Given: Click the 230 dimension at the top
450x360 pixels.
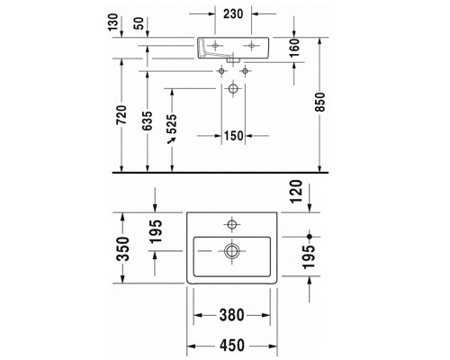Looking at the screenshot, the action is click(x=233, y=13).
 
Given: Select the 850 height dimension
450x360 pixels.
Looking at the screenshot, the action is click(x=320, y=103).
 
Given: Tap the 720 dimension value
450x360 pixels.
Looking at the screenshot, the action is click(x=121, y=114).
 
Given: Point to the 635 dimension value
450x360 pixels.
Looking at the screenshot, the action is click(x=147, y=121).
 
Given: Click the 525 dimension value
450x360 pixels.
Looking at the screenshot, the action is click(x=172, y=123).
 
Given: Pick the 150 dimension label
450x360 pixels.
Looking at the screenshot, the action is click(x=233, y=136).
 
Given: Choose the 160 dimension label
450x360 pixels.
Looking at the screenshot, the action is click(x=294, y=48).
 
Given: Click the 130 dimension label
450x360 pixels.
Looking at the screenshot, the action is click(x=113, y=22).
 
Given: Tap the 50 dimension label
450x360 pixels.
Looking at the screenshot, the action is click(x=140, y=23).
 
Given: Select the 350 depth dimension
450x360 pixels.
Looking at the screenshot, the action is click(x=123, y=248).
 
